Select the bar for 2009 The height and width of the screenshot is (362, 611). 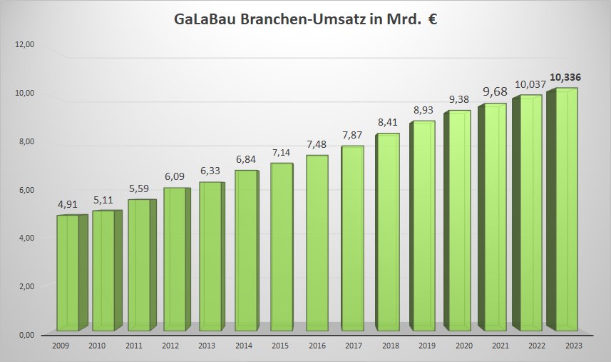[x=68, y=273]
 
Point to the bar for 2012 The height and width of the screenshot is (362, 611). [x=174, y=259]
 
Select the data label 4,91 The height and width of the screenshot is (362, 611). [x=70, y=204]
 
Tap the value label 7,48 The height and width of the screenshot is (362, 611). [x=317, y=144]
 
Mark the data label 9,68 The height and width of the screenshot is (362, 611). [x=496, y=91]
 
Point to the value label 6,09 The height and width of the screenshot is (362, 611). [x=175, y=176]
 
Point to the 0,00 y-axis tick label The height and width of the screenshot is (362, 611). [x=26, y=334]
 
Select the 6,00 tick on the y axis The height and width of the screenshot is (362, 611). [x=26, y=190]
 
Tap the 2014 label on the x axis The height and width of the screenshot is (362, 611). [x=244, y=346]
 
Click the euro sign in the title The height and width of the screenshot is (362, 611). [x=433, y=20]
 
